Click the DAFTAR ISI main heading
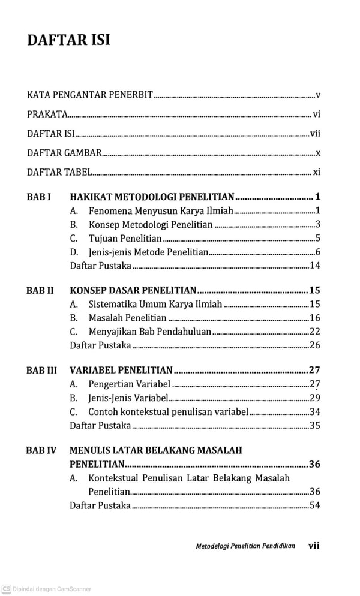click(68, 41)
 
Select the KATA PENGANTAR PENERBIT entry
click(91, 95)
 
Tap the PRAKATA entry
click(47, 114)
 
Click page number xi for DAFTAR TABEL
click(317, 172)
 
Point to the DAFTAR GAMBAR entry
click(64, 153)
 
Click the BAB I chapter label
click(39, 197)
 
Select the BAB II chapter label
click(40, 290)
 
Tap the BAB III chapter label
click(42, 370)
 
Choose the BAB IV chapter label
click(41, 450)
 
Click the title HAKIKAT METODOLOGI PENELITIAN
click(152, 197)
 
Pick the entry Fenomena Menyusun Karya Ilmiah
click(160, 210)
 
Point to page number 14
click(315, 266)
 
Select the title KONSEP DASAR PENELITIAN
click(133, 290)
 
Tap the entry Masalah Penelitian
click(127, 318)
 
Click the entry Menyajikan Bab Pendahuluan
click(149, 332)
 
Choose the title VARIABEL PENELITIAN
click(121, 370)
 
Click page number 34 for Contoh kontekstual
click(315, 412)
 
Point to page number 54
click(315, 505)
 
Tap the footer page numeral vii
click(313, 546)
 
